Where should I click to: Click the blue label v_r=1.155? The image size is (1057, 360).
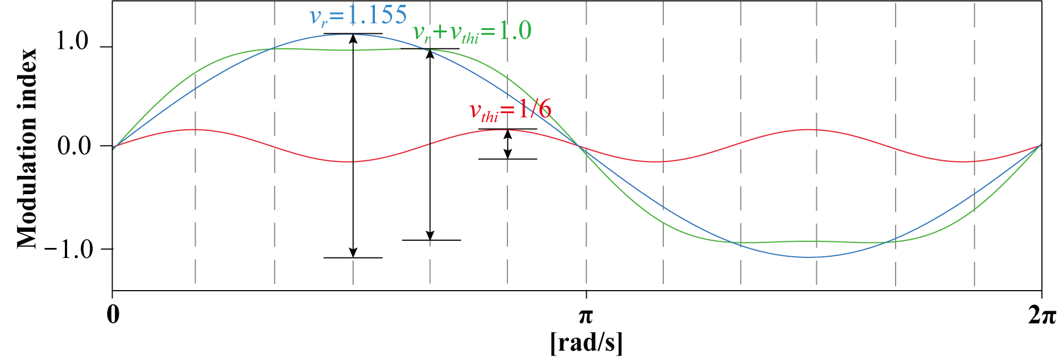click(x=358, y=15)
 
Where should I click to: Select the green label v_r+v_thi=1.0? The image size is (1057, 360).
click(x=472, y=32)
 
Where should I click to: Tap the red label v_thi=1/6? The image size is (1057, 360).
click(x=510, y=110)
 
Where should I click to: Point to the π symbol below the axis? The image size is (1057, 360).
click(x=586, y=317)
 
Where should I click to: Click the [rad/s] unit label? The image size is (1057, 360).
click(x=587, y=343)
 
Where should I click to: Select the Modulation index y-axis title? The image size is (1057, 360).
click(x=27, y=149)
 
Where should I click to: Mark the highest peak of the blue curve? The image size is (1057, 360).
click(x=353, y=34)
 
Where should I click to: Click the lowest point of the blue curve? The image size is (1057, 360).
click(x=816, y=257)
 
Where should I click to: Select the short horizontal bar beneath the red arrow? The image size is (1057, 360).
click(x=507, y=159)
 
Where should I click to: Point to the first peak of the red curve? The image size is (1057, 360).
click(x=195, y=129)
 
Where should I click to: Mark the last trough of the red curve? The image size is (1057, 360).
click(x=974, y=162)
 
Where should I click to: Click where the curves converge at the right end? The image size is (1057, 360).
click(x=1040, y=145)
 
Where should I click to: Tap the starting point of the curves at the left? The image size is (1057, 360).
click(x=114, y=148)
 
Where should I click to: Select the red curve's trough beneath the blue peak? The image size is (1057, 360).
click(x=353, y=162)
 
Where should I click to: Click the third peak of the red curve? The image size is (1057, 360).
click(x=816, y=129)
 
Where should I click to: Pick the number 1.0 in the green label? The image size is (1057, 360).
click(x=515, y=31)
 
